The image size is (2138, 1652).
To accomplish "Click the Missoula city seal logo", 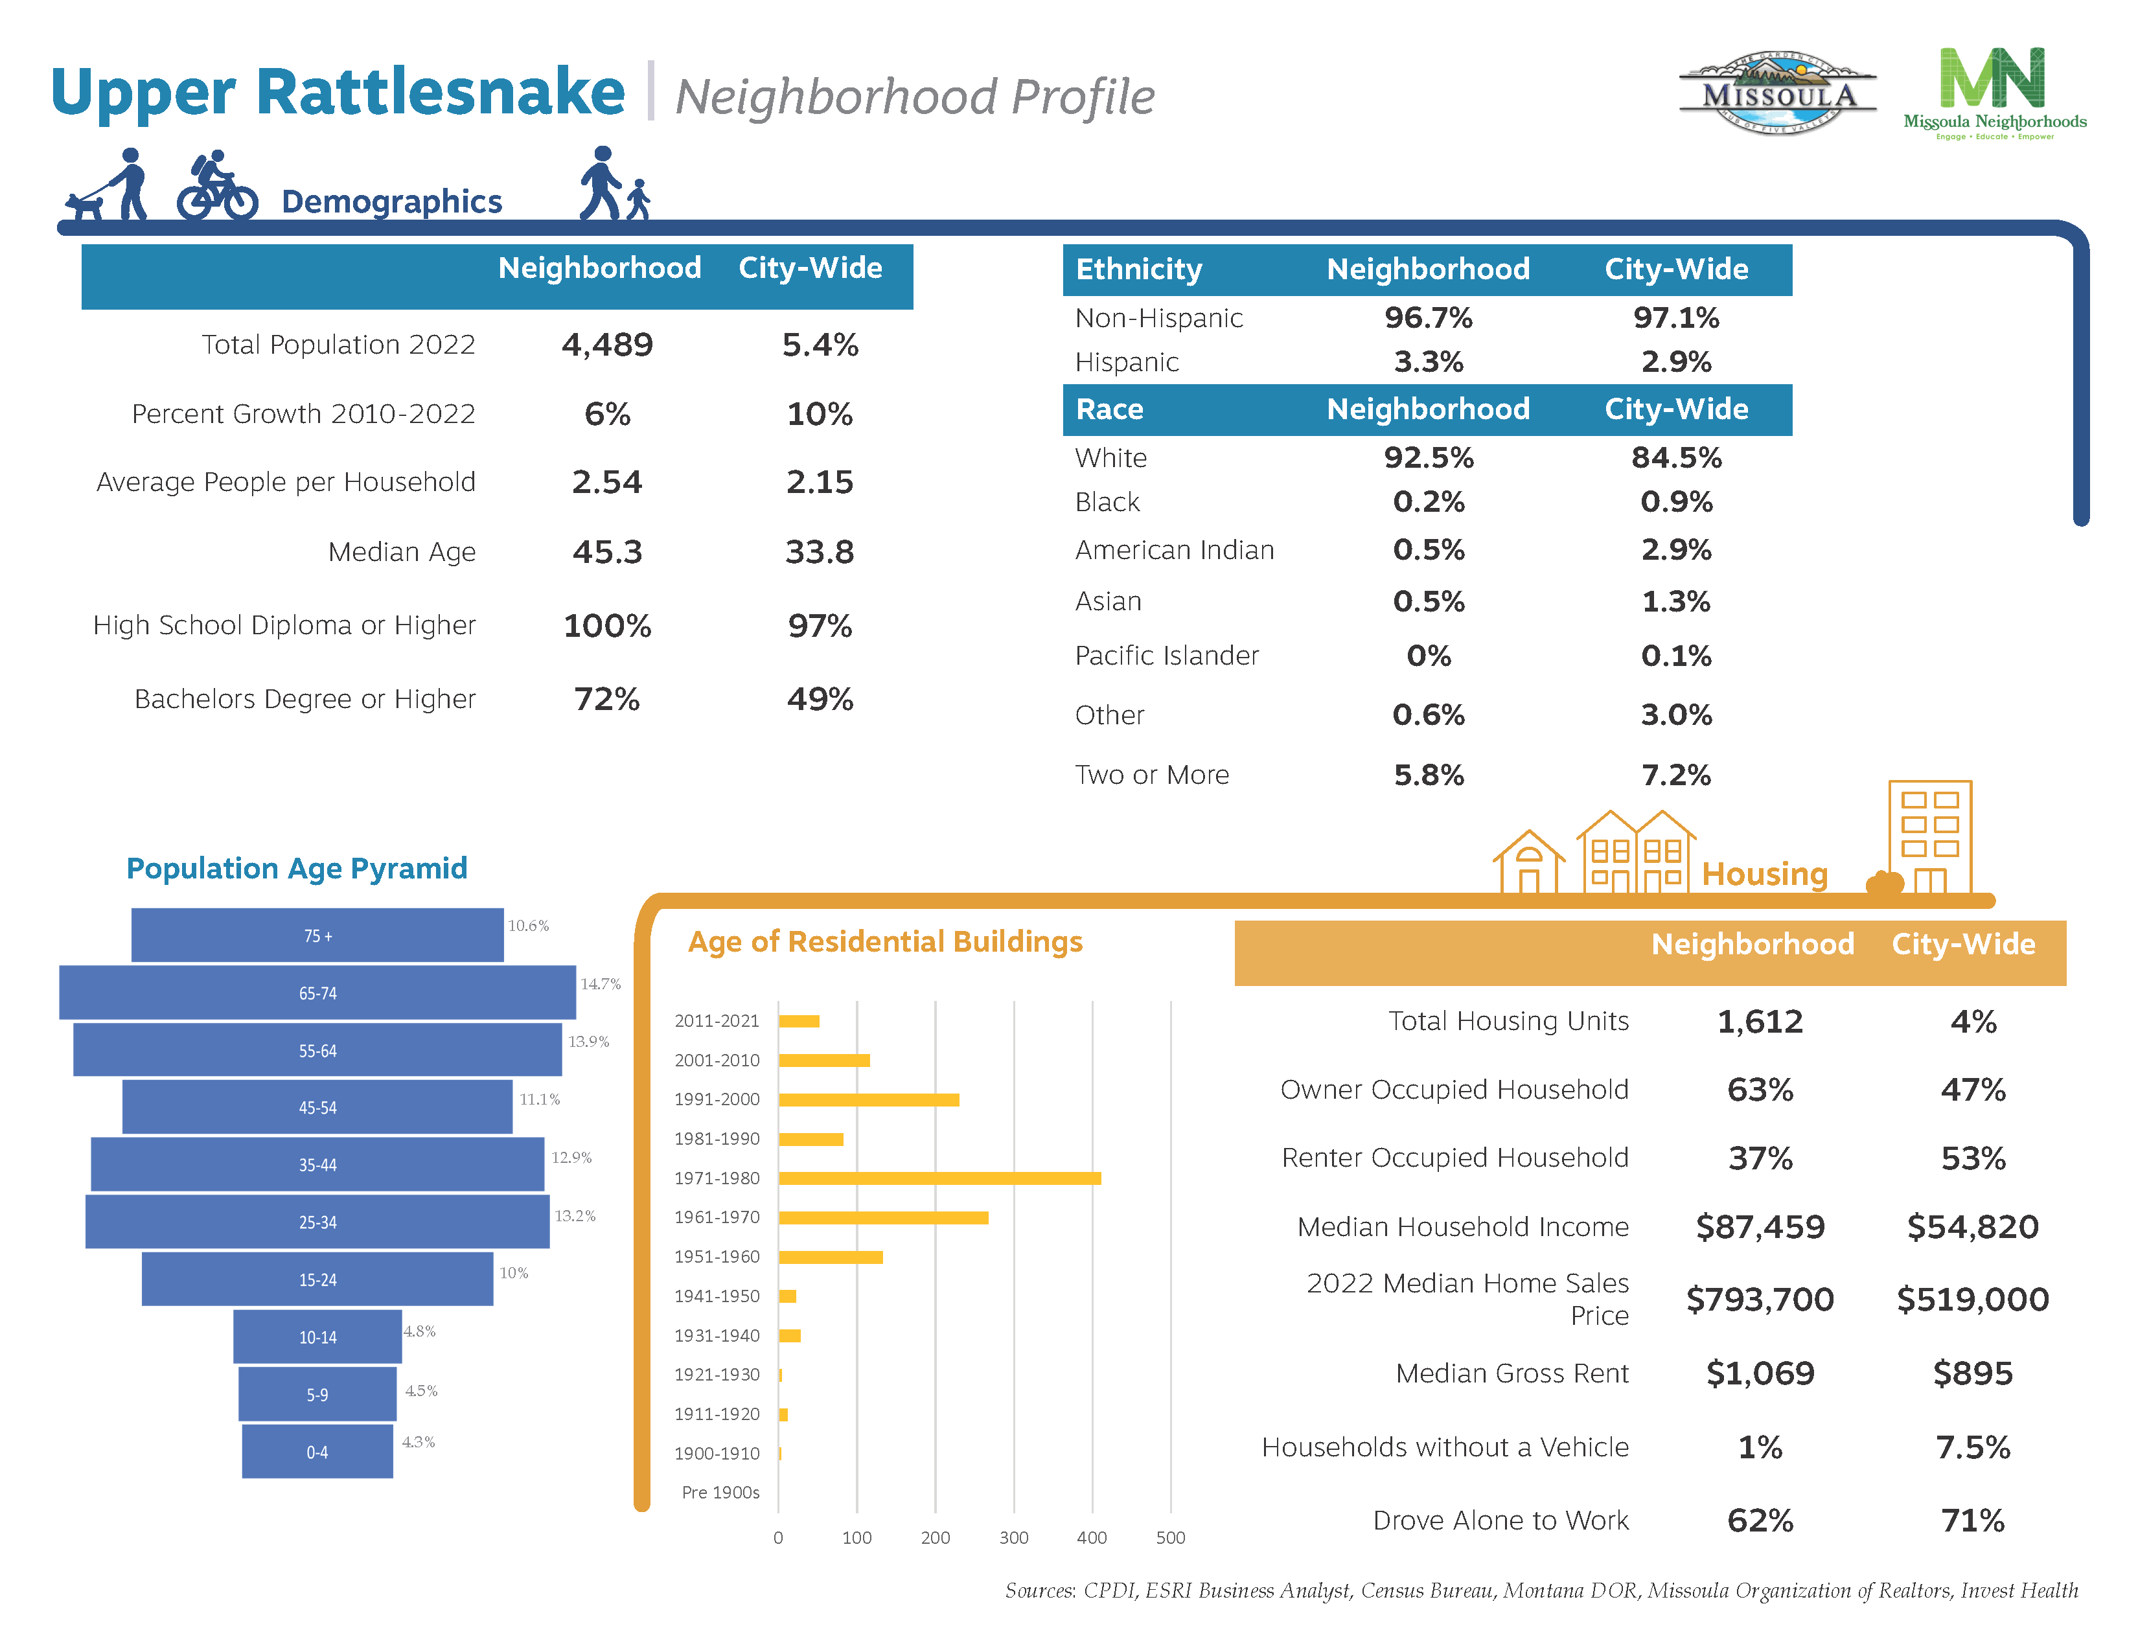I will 1776,94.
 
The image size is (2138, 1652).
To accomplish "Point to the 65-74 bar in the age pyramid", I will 317,992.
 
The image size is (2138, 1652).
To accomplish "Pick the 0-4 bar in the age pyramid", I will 317,1451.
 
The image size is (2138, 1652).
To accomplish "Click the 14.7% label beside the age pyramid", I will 600,983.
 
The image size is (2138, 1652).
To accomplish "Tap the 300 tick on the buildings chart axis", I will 1013,1537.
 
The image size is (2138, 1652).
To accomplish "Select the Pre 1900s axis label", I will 720,1493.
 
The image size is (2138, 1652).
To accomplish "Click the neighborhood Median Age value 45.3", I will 607,552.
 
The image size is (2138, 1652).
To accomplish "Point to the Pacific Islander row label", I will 1166,656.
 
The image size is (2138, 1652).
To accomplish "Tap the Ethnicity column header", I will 1138,269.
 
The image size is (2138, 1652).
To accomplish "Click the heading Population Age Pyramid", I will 297,868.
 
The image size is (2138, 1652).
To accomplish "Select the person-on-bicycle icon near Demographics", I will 216,186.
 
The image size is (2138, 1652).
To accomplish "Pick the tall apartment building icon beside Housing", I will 1929,837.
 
